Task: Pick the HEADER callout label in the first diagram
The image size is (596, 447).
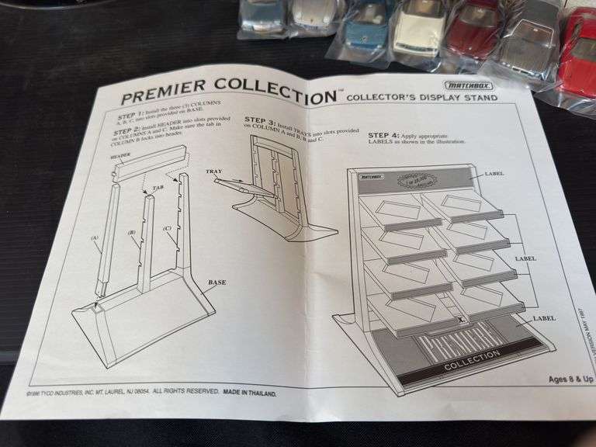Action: [120, 154]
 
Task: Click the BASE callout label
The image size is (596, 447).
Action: [217, 282]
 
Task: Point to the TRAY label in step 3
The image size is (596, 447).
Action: [214, 171]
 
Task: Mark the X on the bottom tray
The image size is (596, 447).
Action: [461, 318]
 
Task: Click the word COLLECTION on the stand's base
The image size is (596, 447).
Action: [473, 355]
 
